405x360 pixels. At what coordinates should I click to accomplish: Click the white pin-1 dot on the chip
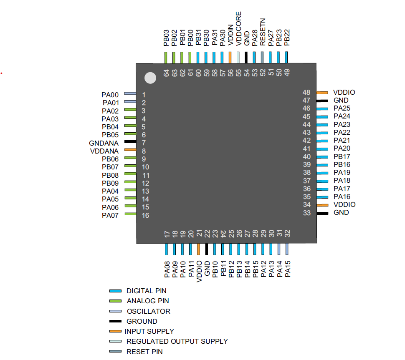click(x=150, y=78)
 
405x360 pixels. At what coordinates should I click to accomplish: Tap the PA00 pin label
click(x=110, y=95)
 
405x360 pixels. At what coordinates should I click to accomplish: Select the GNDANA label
click(x=104, y=143)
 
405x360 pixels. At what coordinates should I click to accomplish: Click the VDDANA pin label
click(x=104, y=151)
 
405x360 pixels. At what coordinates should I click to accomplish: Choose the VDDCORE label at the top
click(x=238, y=28)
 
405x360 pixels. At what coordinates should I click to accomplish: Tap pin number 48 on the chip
click(x=306, y=92)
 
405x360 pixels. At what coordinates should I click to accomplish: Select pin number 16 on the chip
click(x=145, y=216)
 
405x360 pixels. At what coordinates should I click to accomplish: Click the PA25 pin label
click(x=342, y=108)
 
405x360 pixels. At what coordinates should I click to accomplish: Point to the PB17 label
click(x=342, y=156)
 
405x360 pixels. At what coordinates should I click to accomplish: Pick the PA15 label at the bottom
click(x=287, y=269)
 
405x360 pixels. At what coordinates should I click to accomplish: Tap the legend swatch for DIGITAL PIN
click(x=115, y=291)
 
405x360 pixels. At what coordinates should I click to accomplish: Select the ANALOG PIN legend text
click(x=148, y=301)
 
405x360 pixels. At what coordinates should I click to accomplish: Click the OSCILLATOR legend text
click(x=148, y=311)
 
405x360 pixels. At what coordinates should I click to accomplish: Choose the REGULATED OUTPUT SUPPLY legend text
click(x=177, y=341)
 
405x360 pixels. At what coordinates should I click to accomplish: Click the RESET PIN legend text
click(x=144, y=352)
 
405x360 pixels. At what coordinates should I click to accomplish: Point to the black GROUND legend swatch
click(x=115, y=321)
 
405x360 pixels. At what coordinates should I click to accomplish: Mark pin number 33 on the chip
click(x=306, y=213)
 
